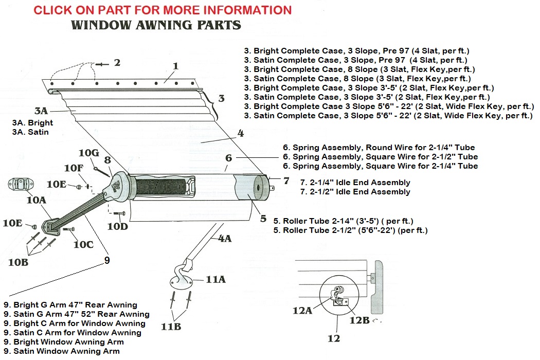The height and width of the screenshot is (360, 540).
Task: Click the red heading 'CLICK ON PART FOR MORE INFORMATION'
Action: (x=163, y=10)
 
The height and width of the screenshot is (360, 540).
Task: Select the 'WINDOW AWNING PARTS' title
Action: (x=156, y=25)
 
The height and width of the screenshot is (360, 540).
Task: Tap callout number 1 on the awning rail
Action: (x=175, y=66)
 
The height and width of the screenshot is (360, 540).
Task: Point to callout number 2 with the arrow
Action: (x=117, y=63)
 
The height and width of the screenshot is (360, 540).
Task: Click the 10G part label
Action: (x=88, y=153)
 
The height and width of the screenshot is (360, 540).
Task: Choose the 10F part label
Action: (x=73, y=168)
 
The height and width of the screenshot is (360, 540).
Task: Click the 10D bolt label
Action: (x=118, y=226)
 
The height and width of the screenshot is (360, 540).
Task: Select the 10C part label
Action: (x=83, y=245)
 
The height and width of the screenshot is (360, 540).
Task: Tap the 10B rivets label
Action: (x=19, y=262)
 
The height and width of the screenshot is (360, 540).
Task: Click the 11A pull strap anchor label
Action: (x=216, y=279)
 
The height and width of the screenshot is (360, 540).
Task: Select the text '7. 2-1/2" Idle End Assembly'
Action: (x=355, y=192)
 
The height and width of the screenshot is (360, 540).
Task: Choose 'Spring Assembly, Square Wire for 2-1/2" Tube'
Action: (x=380, y=157)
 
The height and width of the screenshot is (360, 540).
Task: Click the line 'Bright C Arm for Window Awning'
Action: (x=75, y=323)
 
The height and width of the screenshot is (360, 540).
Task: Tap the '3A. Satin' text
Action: (x=30, y=132)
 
